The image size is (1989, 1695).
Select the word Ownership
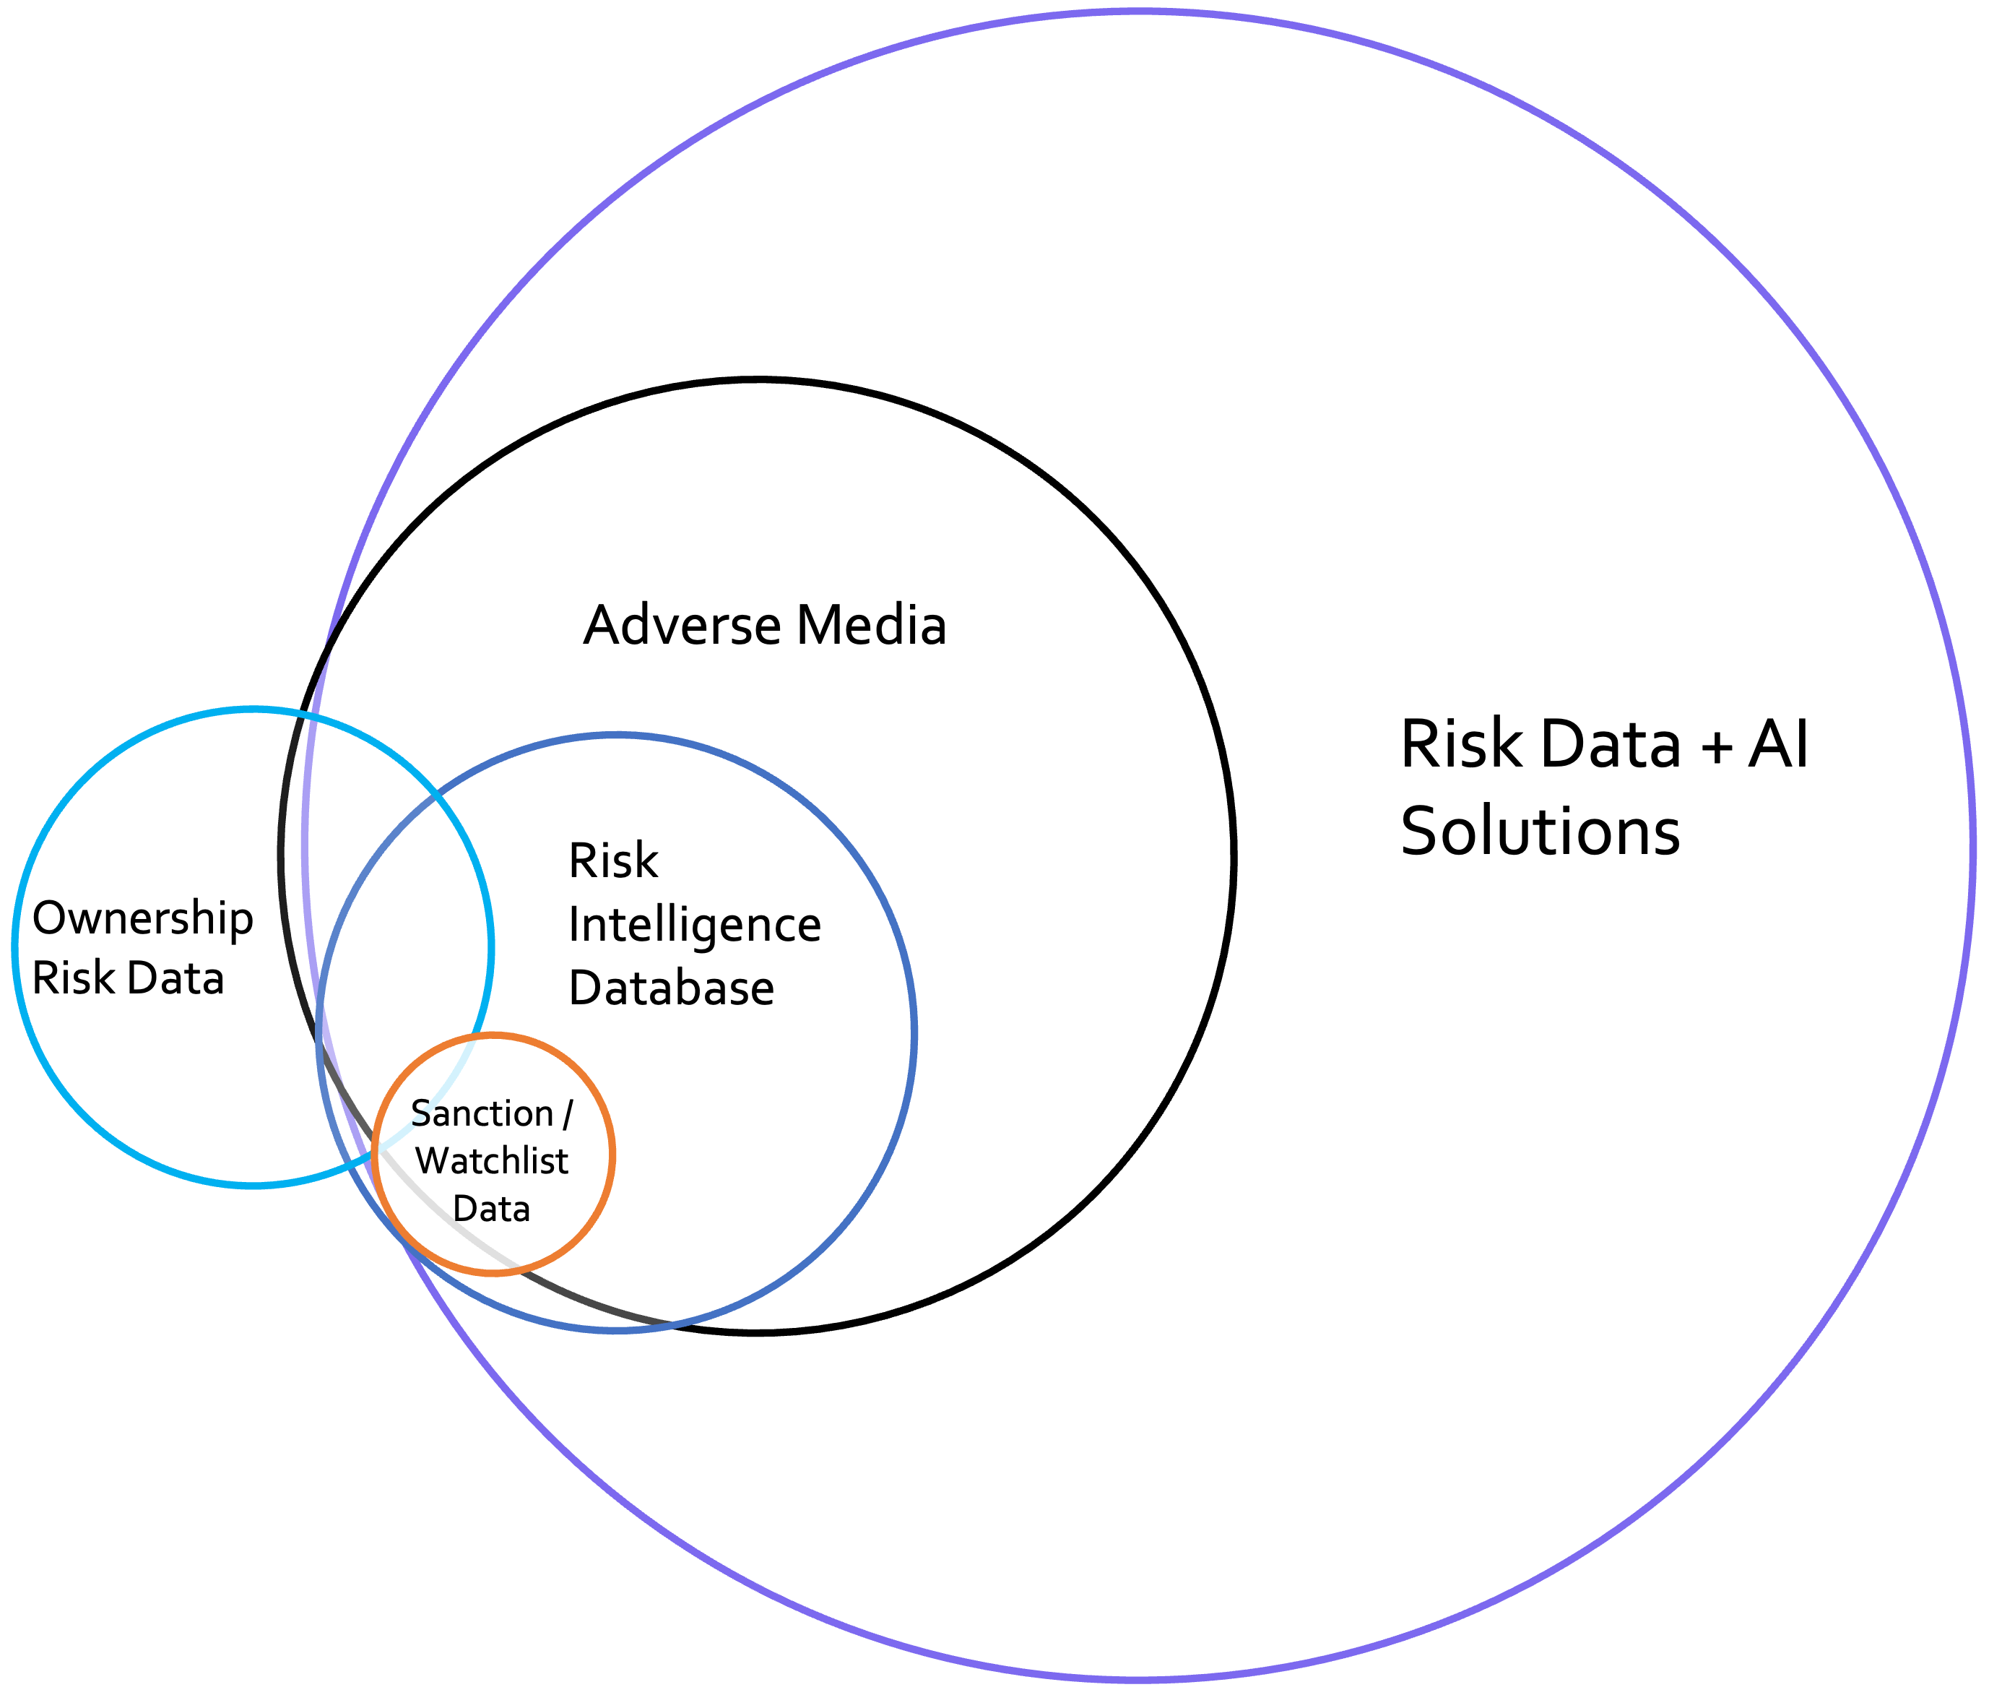(143, 919)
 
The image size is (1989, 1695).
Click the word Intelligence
(694, 926)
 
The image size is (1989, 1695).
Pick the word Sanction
(482, 1114)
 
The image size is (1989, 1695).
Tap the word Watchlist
(492, 1161)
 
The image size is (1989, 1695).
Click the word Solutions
(1540, 831)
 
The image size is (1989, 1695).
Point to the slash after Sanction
(568, 1114)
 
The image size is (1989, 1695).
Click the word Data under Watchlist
(492, 1208)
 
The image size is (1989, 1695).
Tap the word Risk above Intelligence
(612, 861)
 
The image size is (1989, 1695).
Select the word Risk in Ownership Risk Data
(73, 978)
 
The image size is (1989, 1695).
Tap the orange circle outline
(612, 1155)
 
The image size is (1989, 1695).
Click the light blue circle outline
(15, 948)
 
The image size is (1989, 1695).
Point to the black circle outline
(1233, 857)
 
